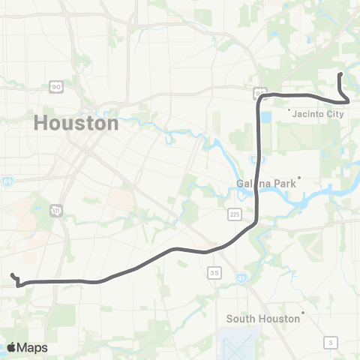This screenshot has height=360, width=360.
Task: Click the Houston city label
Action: (x=76, y=123)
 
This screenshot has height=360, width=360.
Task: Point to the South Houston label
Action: (x=263, y=318)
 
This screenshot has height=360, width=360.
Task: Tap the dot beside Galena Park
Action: (x=298, y=178)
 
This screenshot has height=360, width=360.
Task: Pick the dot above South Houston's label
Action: (x=303, y=312)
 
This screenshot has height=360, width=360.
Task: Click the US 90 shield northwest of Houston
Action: (x=55, y=88)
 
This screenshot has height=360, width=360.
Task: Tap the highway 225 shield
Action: (x=235, y=214)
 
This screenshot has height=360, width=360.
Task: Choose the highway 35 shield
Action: (x=214, y=271)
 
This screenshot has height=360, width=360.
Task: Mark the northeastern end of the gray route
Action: (x=341, y=74)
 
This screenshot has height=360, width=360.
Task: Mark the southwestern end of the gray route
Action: (x=13, y=275)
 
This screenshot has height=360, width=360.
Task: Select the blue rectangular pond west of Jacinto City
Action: (x=267, y=117)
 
